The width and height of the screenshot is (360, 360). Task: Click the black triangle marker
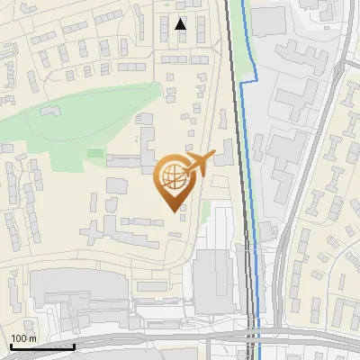[181, 24]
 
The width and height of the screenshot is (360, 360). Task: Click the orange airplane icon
[201, 163]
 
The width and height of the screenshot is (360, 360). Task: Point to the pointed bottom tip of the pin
[172, 212]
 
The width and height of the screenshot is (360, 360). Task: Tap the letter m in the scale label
[32, 338]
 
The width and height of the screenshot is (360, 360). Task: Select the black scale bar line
[41, 346]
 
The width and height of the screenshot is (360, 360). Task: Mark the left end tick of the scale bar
[9, 344]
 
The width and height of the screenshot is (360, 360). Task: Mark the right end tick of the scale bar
[74, 344]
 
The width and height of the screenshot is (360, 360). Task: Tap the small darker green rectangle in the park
[94, 152]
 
